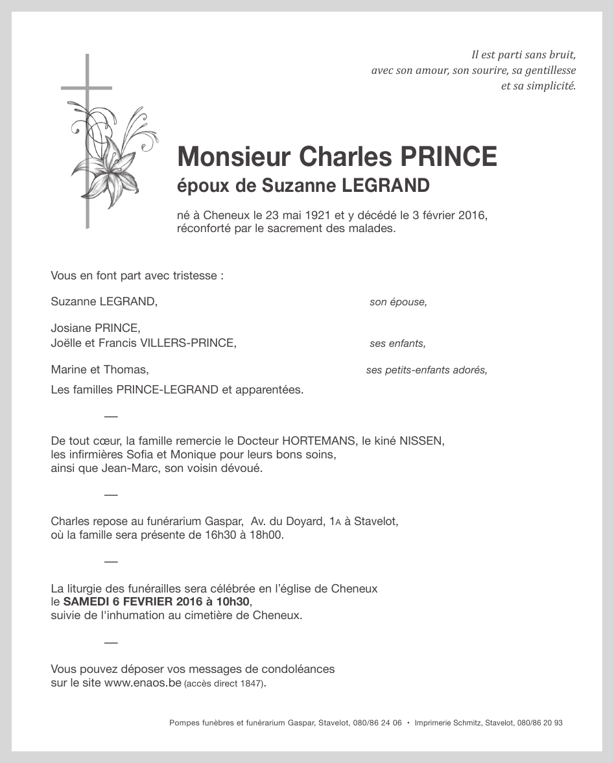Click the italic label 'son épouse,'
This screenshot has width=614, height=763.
click(398, 302)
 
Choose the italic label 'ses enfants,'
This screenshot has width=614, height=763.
click(397, 344)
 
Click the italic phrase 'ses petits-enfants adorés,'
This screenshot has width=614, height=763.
click(426, 370)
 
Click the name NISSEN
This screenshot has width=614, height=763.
click(421, 441)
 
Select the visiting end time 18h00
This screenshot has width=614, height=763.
click(270, 535)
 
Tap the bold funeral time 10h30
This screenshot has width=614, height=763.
click(228, 602)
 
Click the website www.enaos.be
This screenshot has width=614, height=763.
click(143, 683)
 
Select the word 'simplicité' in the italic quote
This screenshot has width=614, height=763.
click(550, 86)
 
